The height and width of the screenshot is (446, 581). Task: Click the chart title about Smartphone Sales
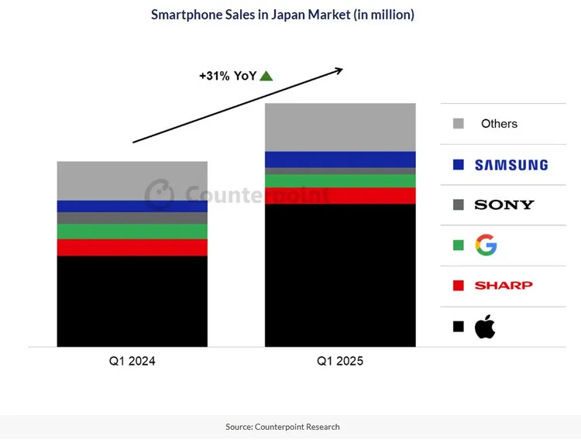tap(282, 15)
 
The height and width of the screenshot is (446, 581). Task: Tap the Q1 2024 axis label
tap(132, 361)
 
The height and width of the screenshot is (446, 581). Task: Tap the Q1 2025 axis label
tap(339, 361)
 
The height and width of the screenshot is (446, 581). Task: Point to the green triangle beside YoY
tap(266, 76)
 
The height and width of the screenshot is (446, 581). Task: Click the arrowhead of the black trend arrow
tap(338, 70)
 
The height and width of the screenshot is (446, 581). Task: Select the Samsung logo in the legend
tap(511, 164)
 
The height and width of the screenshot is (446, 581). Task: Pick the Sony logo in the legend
tap(504, 204)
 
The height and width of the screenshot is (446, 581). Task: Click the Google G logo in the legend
tap(486, 245)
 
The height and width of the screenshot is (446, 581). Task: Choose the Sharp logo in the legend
tap(504, 285)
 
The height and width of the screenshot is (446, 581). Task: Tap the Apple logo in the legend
tap(485, 327)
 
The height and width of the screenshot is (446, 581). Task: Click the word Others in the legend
tap(499, 124)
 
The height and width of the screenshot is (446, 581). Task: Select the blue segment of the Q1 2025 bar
tap(340, 160)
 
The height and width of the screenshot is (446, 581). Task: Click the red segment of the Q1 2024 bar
tap(132, 247)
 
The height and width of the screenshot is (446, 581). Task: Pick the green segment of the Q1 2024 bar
tap(132, 231)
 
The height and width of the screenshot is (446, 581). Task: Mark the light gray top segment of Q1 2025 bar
tap(340, 127)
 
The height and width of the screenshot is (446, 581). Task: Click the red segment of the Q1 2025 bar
tap(340, 196)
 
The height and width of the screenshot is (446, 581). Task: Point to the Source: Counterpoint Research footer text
tap(282, 427)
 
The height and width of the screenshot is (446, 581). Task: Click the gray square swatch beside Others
tap(458, 124)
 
